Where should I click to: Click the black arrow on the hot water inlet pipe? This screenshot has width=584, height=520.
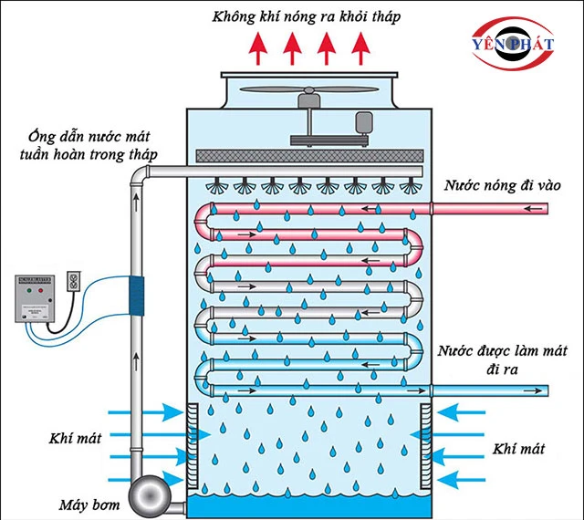538,209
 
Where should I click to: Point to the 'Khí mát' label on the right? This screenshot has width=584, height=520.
517,449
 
